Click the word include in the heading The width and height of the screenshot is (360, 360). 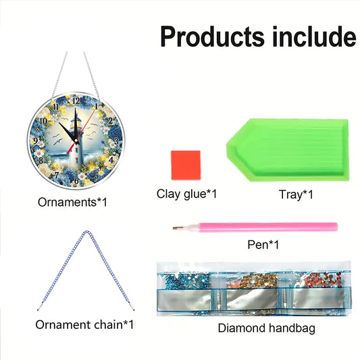(x=311, y=36)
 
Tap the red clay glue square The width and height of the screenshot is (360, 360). (x=176, y=163)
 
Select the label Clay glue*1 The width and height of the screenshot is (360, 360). (x=186, y=195)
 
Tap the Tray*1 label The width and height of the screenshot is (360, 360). (x=295, y=195)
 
